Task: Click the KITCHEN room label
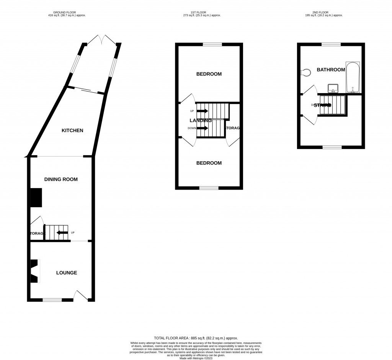tap(72, 131)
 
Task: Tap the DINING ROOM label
tap(61, 179)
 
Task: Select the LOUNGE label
tap(67, 273)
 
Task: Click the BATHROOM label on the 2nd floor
tap(331, 70)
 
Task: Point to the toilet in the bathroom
tap(306, 72)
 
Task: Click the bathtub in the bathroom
tap(352, 77)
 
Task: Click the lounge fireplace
tap(34, 271)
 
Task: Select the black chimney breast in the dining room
tap(36, 198)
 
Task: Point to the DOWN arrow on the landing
tap(203, 128)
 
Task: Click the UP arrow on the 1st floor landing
tap(203, 111)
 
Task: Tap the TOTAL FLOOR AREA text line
tap(196, 338)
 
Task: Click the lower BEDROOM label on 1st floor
tap(209, 163)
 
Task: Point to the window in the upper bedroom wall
tap(212, 44)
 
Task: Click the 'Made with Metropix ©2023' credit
tap(196, 358)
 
